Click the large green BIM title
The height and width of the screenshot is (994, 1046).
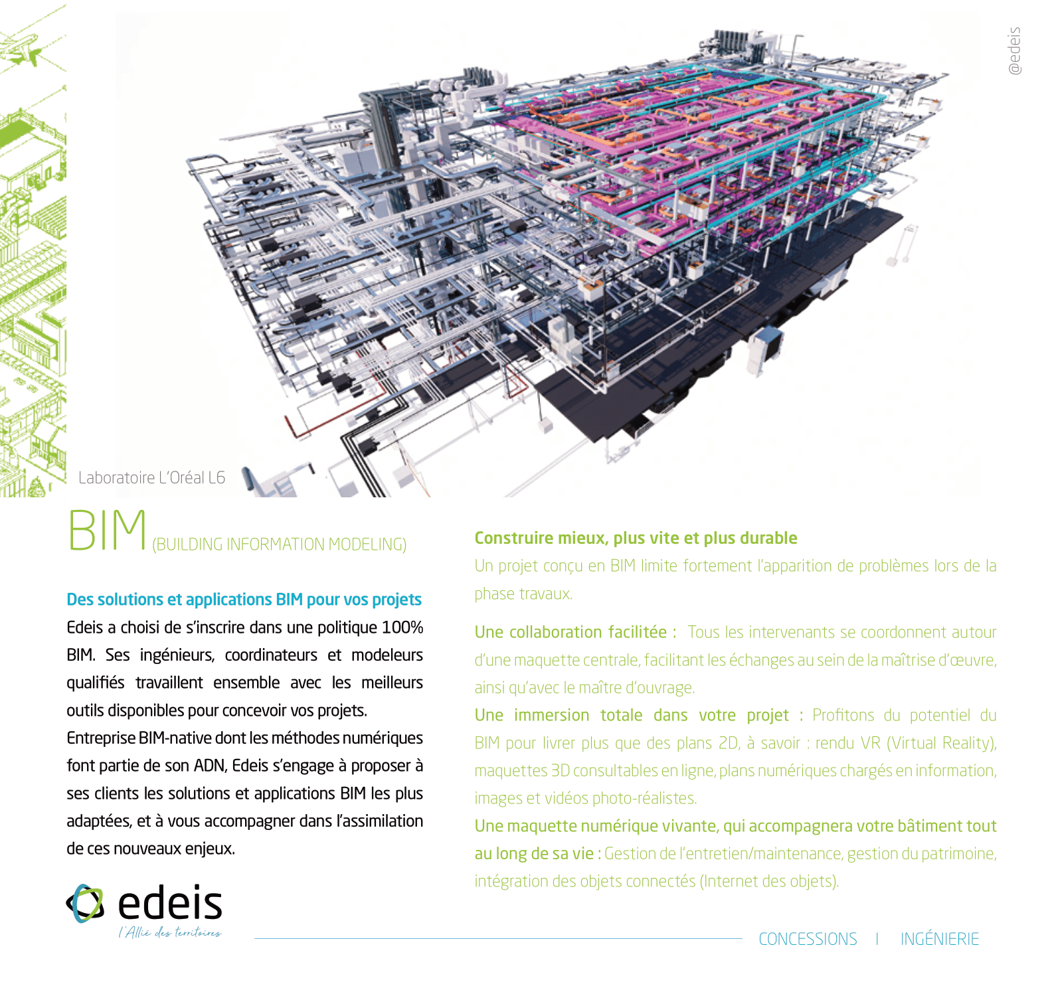108,531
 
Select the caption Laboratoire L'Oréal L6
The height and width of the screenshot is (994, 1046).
151,478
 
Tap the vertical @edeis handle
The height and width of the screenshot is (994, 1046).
1014,51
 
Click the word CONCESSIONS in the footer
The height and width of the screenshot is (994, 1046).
808,939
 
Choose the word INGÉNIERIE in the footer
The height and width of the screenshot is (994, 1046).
939,939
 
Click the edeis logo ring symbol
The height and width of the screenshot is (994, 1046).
86,903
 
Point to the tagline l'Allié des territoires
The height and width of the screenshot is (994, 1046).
170,933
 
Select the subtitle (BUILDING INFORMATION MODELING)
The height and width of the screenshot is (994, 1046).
279,544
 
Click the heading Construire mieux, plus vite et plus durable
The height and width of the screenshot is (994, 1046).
636,538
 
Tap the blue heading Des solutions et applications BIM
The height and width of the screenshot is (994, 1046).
244,600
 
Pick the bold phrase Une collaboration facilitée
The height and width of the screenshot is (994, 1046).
570,632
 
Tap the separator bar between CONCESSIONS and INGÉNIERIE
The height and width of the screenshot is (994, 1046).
877,939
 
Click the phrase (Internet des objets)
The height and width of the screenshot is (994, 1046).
769,881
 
